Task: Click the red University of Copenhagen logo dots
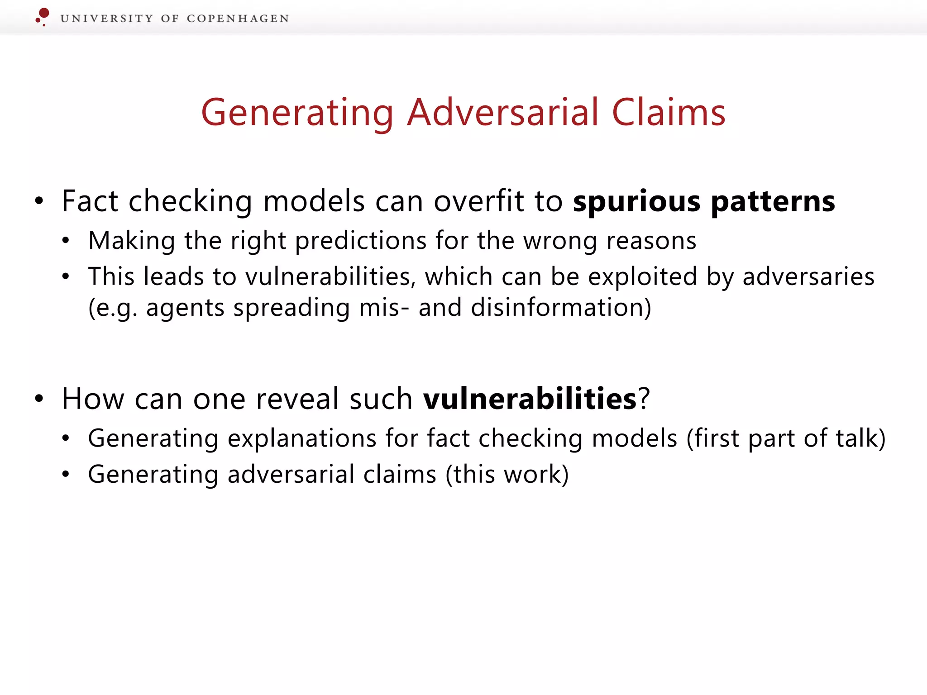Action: (x=43, y=16)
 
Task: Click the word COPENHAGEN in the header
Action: (x=238, y=19)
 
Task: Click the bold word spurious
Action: (x=636, y=201)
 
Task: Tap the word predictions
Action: (x=361, y=240)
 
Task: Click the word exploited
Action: (x=642, y=276)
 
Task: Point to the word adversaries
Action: (x=808, y=276)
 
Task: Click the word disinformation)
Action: (x=561, y=308)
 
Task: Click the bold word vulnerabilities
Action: (x=530, y=399)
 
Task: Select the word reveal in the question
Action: (x=297, y=399)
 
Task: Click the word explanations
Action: (x=302, y=438)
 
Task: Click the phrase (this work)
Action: (x=507, y=474)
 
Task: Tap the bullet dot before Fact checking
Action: (x=39, y=201)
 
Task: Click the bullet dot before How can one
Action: (x=39, y=399)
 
